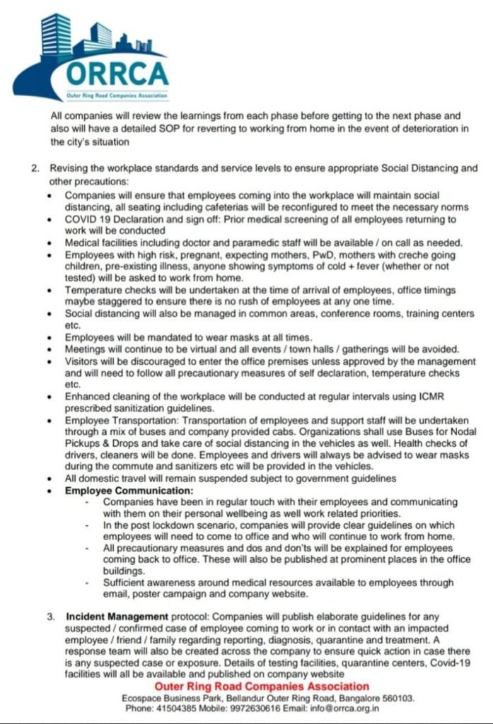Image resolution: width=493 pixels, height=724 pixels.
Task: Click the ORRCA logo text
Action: tap(117, 73)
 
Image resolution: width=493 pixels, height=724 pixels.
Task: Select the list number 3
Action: tap(52, 617)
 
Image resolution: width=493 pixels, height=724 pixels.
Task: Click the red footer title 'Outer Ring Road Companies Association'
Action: tap(262, 687)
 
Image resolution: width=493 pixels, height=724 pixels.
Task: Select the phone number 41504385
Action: tap(175, 707)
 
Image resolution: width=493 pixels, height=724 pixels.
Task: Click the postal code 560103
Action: tap(398, 697)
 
